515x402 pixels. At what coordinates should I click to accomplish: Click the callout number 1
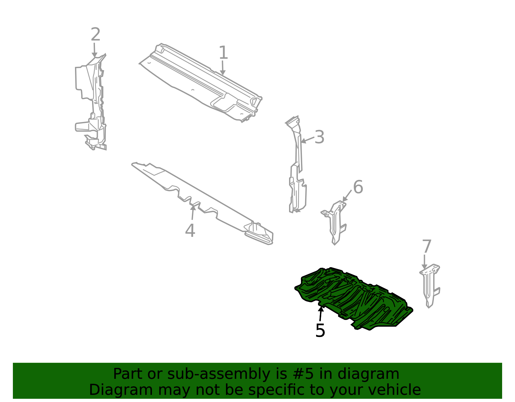click(223, 53)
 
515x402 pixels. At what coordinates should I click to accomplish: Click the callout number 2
click(95, 34)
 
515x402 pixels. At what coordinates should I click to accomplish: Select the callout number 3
click(319, 137)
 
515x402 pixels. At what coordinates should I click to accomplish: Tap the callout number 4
click(190, 230)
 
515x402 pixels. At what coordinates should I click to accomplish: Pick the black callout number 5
click(320, 330)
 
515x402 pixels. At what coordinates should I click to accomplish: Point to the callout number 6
click(358, 187)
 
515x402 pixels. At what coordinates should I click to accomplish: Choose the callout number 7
click(426, 247)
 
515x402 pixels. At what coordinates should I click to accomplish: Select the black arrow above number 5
click(320, 314)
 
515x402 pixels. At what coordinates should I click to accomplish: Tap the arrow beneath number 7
click(425, 261)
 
